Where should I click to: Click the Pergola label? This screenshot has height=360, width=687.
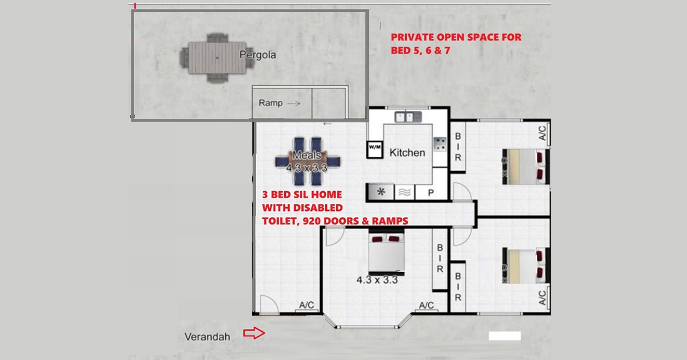pos(257,55)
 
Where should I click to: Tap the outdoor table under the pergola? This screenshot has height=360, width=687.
pos(217,58)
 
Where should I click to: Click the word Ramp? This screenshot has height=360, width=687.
pos(270,103)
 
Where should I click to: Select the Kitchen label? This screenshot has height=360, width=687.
pos(407,152)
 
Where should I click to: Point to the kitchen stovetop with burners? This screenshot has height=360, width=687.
pos(440,145)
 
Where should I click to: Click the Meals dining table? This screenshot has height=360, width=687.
pos(307,161)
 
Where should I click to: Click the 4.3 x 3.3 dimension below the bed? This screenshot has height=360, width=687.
pos(377,280)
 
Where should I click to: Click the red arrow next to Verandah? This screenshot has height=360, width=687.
pos(255,333)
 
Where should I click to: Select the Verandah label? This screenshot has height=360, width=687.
pos(207,336)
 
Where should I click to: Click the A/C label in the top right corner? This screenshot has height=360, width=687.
pos(542,133)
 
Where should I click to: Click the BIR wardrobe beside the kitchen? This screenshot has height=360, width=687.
pos(458,147)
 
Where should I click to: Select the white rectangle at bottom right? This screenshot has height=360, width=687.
pos(505,336)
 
